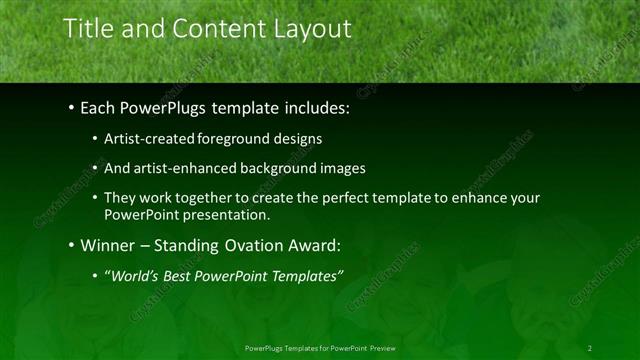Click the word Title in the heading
(x=88, y=29)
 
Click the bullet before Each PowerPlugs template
(x=72, y=105)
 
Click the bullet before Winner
(x=72, y=245)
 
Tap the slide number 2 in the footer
(x=590, y=347)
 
